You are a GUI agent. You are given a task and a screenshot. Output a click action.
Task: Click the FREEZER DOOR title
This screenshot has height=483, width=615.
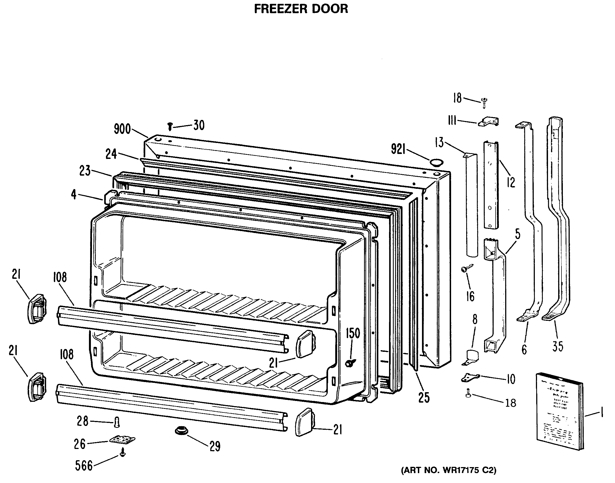301,9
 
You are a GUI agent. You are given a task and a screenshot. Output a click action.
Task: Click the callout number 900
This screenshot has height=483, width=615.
122,129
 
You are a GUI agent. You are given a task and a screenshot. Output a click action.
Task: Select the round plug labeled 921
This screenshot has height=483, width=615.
436,162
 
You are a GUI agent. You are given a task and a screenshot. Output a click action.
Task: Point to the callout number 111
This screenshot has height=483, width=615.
452,121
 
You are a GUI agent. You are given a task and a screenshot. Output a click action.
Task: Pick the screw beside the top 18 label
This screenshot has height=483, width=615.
484,102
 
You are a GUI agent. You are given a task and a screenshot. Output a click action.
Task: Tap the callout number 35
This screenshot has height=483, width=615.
558,346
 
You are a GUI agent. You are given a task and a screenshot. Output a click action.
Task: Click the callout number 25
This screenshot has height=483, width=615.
424,398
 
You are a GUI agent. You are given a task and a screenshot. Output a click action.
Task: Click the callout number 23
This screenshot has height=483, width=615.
85,171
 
